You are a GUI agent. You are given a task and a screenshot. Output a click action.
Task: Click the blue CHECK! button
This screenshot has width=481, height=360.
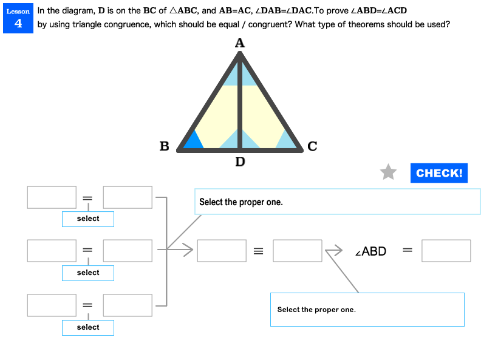(438, 173)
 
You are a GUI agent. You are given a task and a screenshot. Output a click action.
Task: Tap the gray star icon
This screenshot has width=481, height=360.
(388, 172)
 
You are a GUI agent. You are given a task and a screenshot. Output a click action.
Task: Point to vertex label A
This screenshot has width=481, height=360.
(239, 43)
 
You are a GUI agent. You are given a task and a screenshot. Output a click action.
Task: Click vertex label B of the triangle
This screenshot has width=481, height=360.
(164, 146)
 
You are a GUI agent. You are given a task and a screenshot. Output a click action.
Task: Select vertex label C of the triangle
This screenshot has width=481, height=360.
(312, 146)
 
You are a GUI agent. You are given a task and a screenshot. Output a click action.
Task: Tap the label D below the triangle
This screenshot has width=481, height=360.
(240, 162)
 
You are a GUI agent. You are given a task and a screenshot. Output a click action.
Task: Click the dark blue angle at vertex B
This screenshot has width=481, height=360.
(193, 141)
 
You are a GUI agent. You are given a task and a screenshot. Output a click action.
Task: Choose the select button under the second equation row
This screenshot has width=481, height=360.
(88, 273)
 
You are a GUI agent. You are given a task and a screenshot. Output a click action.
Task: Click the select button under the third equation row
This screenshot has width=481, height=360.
(88, 328)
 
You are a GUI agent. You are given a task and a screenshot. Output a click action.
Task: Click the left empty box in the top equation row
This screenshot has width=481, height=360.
(52, 197)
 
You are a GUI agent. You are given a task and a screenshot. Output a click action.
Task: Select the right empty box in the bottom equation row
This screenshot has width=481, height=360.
(128, 305)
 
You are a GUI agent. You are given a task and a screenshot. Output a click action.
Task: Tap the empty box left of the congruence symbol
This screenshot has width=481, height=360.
(222, 251)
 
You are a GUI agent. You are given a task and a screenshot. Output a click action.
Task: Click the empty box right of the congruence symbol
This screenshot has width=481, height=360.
(298, 251)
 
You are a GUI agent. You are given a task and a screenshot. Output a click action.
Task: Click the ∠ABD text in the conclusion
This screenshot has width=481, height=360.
(370, 251)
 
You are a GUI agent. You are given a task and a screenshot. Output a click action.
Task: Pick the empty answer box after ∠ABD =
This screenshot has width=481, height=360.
(446, 251)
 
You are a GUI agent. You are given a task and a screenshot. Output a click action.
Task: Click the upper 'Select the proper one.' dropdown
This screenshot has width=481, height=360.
(337, 202)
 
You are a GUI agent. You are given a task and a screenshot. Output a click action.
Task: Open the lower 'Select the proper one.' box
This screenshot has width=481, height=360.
(367, 310)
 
